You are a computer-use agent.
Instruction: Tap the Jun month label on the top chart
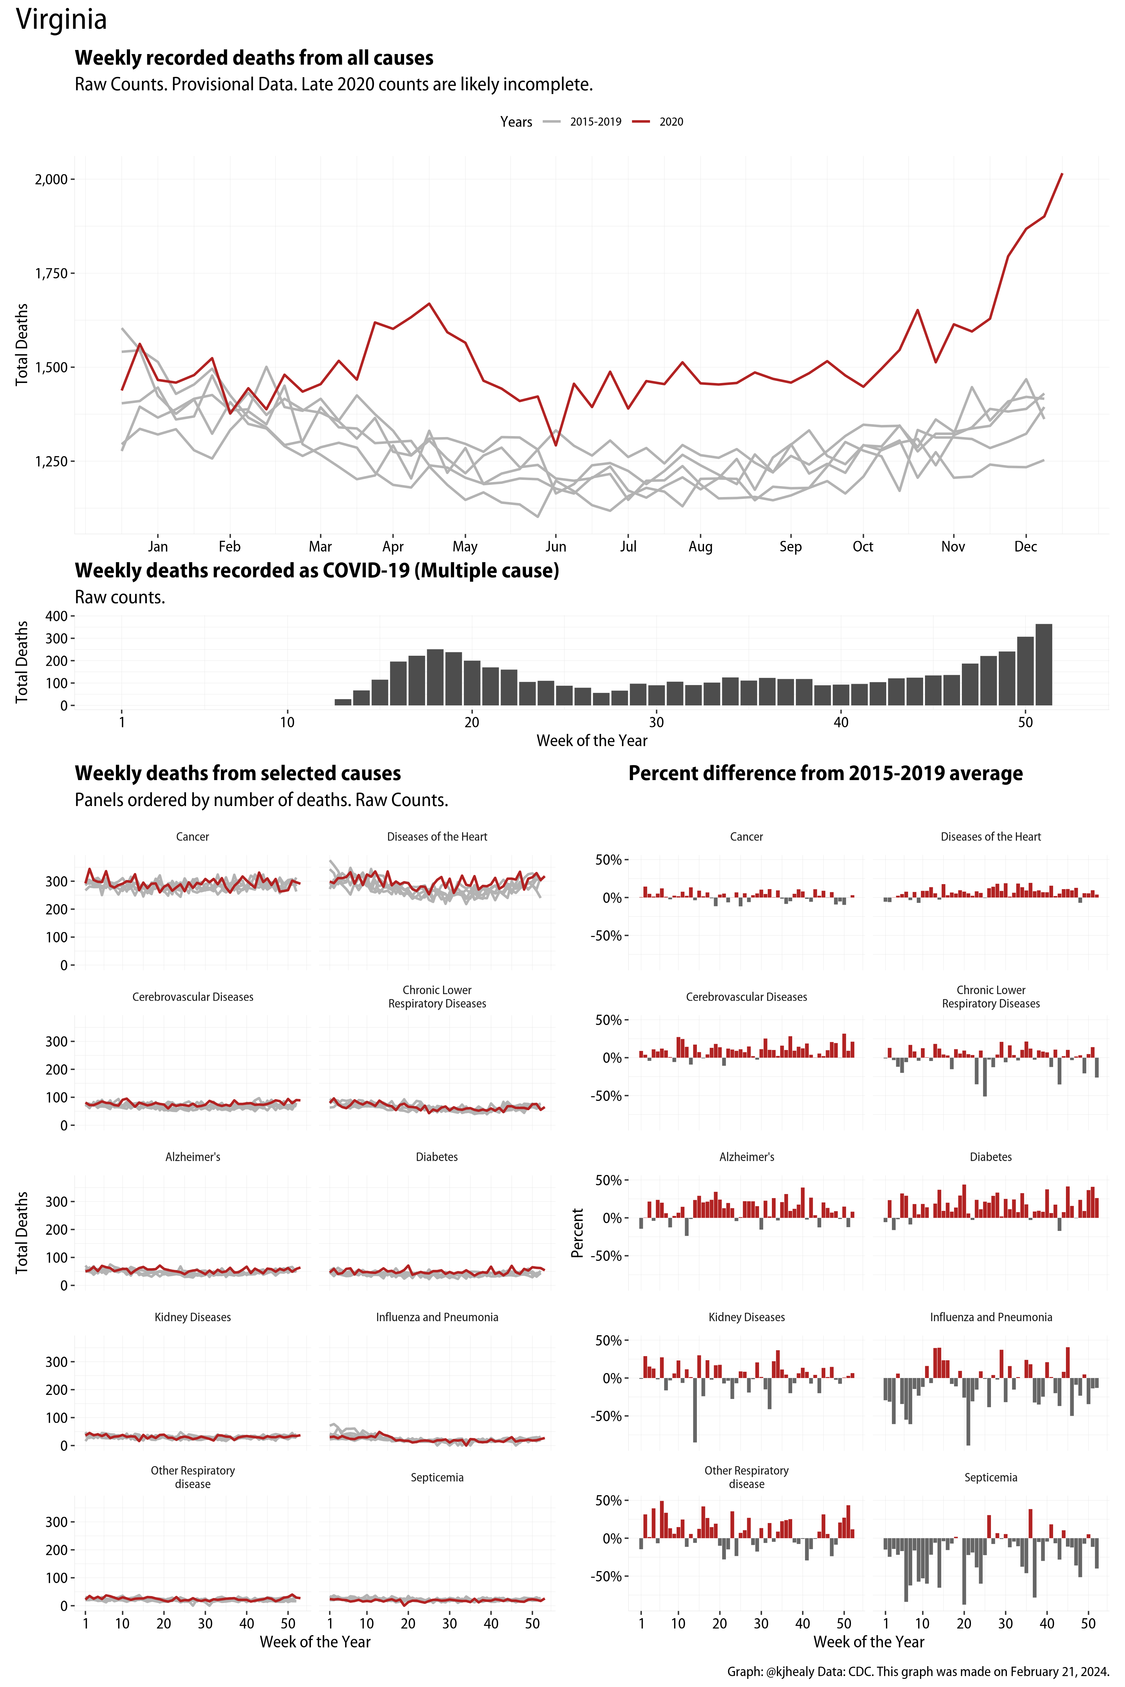tap(555, 546)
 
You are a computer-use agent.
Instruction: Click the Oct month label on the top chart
tap(862, 546)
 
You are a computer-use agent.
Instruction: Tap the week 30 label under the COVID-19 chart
tap(656, 722)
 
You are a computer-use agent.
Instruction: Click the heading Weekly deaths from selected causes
tap(237, 773)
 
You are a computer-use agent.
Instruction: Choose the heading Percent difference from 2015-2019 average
tap(825, 773)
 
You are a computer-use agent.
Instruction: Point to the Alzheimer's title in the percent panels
tap(746, 1157)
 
